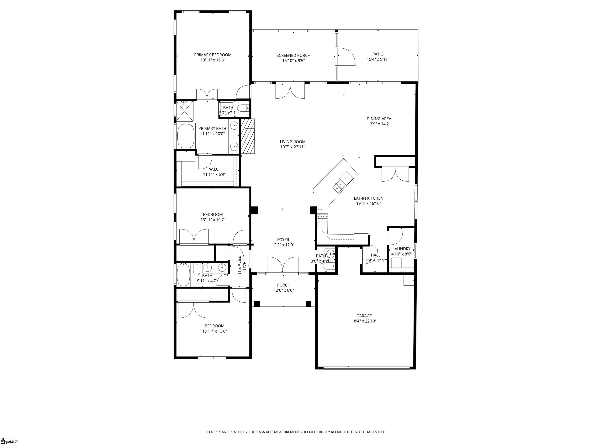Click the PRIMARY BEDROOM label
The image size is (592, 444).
click(x=213, y=55)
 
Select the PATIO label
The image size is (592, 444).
click(x=378, y=54)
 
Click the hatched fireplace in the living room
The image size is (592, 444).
click(x=248, y=136)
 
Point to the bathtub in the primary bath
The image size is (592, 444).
click(x=185, y=136)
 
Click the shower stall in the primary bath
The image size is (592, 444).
click(x=185, y=111)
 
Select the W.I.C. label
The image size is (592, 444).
click(x=214, y=169)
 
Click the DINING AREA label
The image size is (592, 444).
click(x=379, y=119)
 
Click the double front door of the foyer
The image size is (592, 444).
click(x=283, y=265)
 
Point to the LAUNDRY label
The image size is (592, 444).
click(x=401, y=249)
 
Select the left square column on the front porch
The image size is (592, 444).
click(x=257, y=304)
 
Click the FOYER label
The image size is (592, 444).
click(x=283, y=240)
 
